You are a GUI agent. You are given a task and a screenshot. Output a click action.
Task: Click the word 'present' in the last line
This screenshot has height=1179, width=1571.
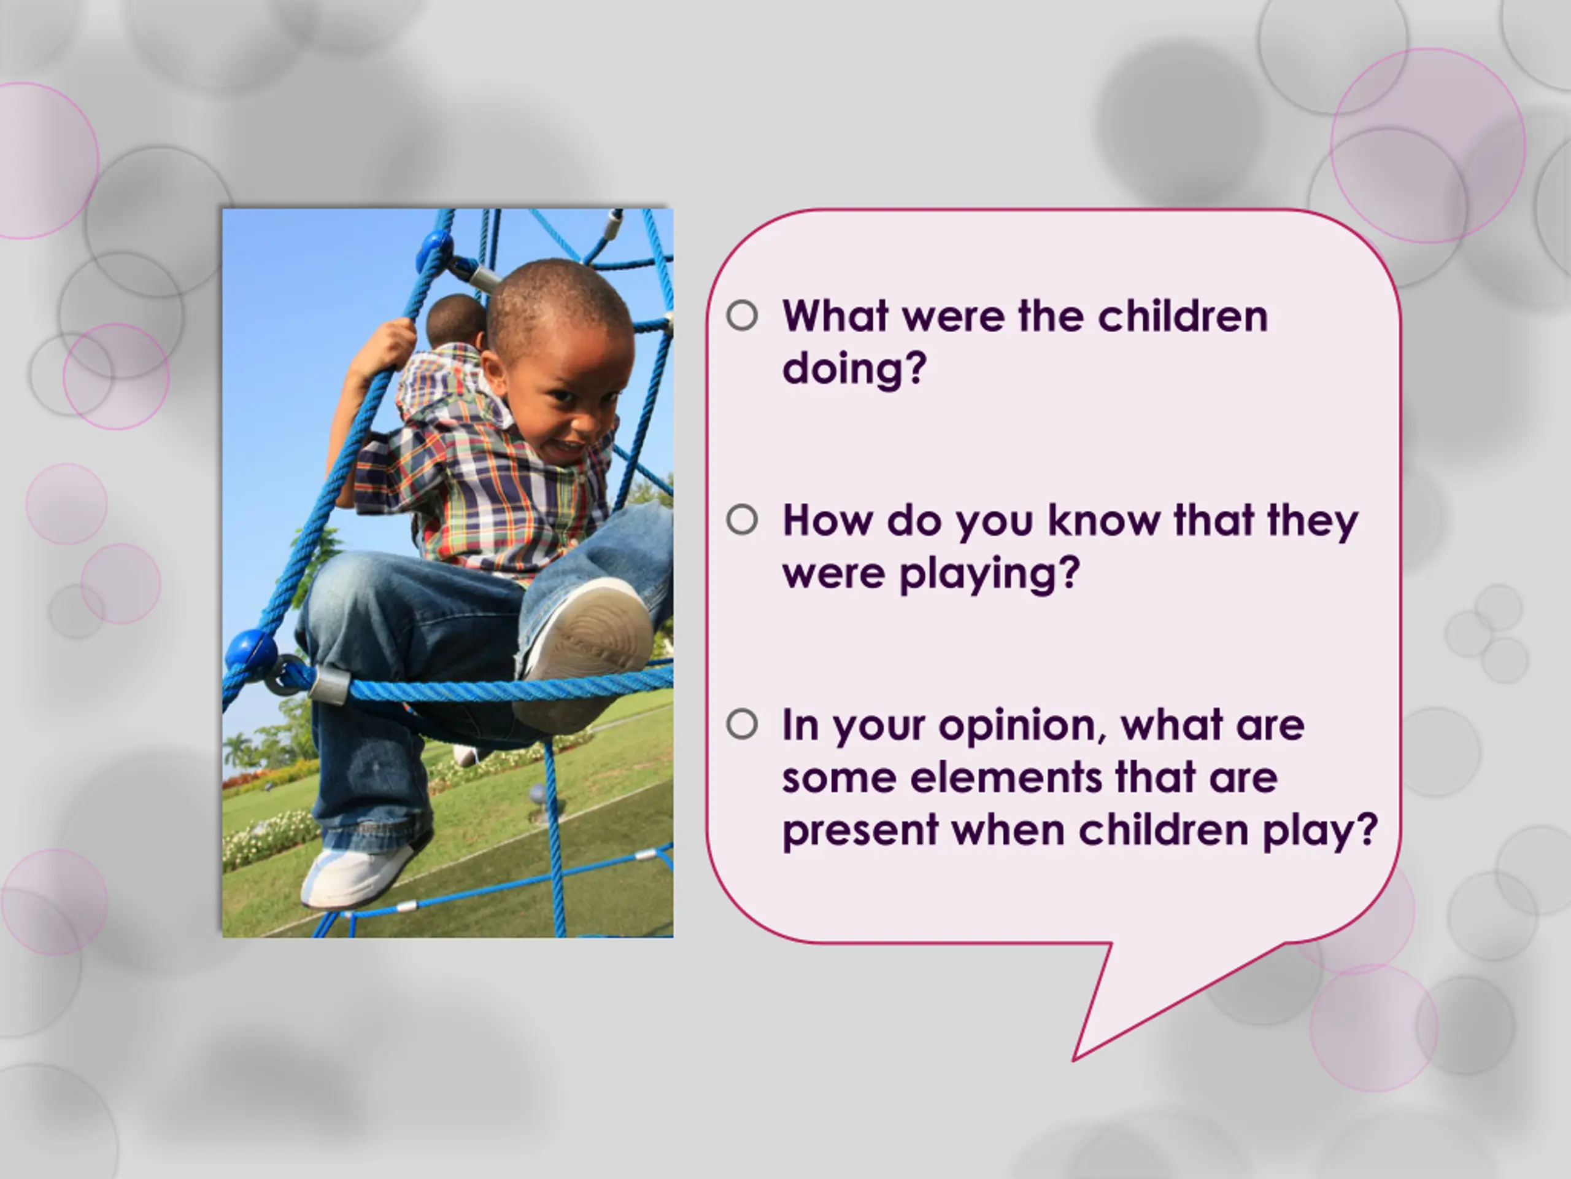(x=860, y=831)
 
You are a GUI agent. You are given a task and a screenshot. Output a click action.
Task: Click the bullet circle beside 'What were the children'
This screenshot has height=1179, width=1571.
(x=742, y=316)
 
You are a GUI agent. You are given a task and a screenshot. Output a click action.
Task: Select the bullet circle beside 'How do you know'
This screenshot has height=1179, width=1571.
(x=742, y=520)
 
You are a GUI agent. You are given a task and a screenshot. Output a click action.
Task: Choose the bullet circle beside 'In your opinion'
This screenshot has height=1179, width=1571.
(x=742, y=725)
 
